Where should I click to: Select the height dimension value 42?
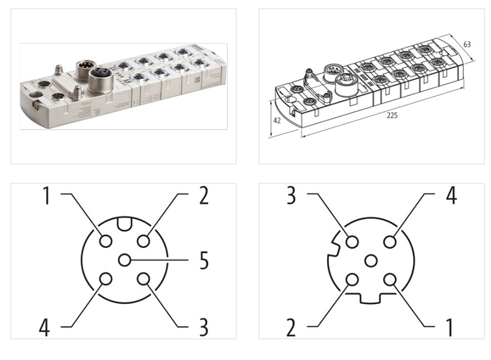(x=277, y=121)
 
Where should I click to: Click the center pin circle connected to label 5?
(x=125, y=260)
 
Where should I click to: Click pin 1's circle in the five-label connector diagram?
(x=106, y=241)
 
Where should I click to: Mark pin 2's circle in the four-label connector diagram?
(x=352, y=280)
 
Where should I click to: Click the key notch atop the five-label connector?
(x=125, y=224)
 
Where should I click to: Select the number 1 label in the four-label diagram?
(x=450, y=326)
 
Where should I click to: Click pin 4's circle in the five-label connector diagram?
(x=106, y=279)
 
